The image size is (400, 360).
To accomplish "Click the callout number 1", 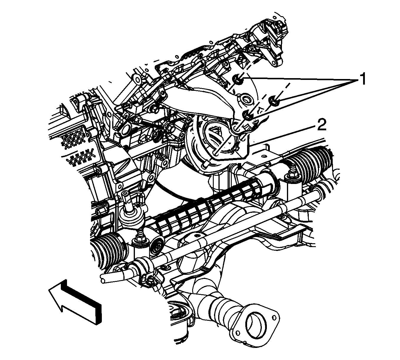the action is point(362,79).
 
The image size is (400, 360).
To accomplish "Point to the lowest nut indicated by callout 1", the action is point(247,115).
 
